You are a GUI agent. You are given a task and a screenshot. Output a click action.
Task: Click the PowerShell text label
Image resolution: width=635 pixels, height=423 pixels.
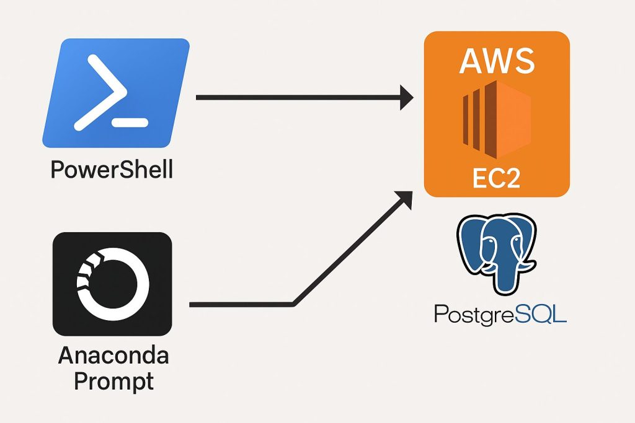coord(112,169)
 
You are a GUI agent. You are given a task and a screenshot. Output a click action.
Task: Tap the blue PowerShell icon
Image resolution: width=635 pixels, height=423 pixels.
coord(116,93)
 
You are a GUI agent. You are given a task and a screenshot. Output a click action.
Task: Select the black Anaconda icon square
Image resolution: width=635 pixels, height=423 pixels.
coord(112,284)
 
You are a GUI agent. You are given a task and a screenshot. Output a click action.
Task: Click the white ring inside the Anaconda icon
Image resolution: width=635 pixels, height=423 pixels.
coord(112,283)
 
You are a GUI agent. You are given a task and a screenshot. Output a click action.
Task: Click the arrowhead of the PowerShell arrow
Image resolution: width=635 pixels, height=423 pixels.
coord(406,97)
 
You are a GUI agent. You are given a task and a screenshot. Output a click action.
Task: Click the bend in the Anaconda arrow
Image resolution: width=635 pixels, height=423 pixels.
coord(293,304)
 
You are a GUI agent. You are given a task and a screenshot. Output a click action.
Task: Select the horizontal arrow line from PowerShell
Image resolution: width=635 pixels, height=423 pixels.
coord(298,97)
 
